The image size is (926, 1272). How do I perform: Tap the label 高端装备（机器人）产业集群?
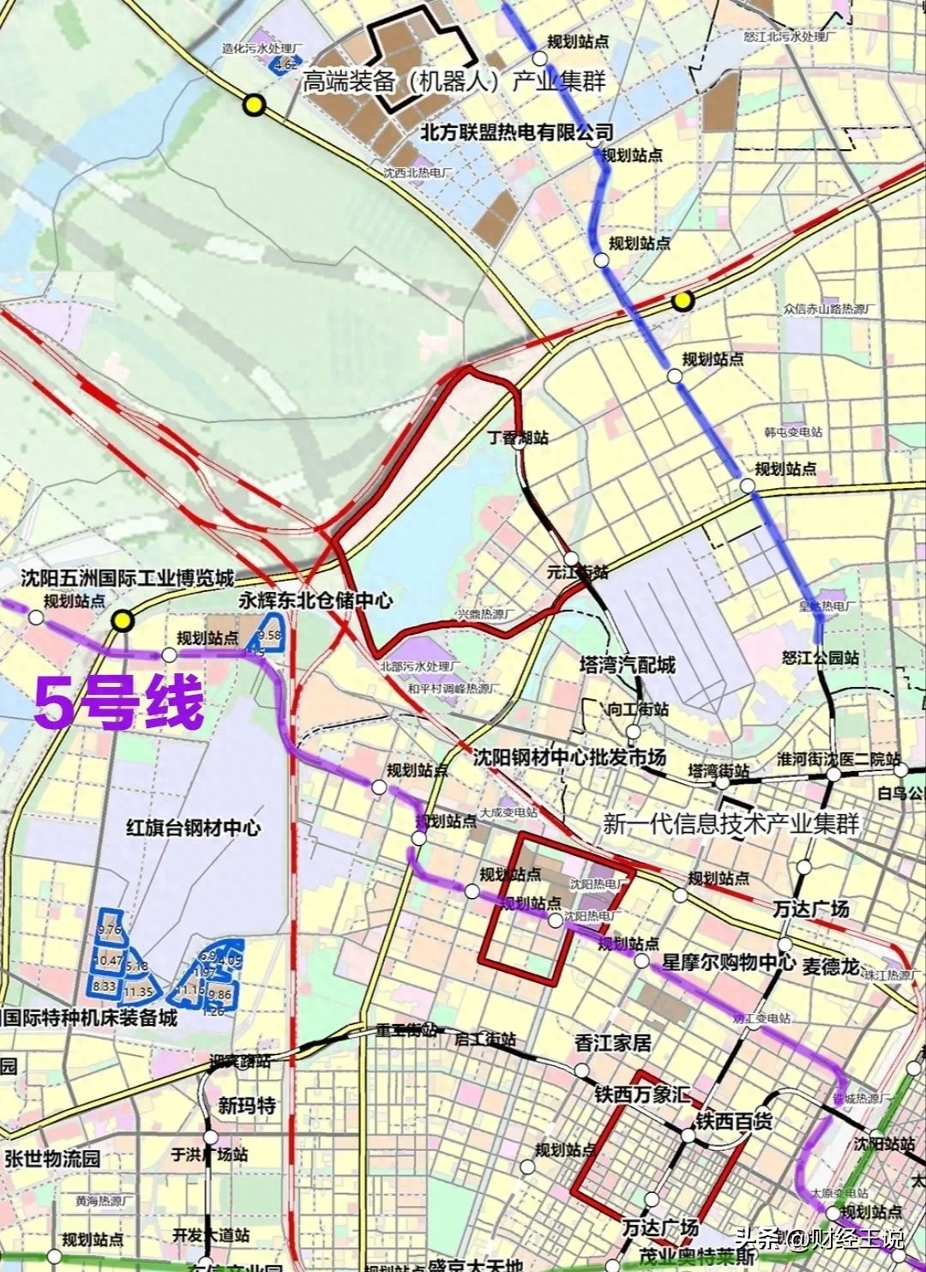[x=454, y=81]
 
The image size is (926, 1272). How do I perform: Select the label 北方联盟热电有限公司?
[x=517, y=132]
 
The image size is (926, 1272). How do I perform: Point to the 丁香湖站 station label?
[x=518, y=437]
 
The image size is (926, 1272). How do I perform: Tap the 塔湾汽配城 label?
[x=627, y=665]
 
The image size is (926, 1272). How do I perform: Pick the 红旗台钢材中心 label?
[x=193, y=828]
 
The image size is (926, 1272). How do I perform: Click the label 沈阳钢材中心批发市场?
[x=569, y=758]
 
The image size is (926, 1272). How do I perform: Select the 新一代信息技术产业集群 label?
[x=731, y=824]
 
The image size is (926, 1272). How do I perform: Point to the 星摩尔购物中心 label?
[x=727, y=962]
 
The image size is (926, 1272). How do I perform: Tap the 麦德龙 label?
[x=831, y=966]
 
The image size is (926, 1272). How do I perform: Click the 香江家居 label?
[x=612, y=1043]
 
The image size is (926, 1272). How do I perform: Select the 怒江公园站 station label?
[x=821, y=658]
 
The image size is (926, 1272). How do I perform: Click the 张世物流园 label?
[x=52, y=1158]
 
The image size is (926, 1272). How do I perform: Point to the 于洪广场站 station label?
[x=209, y=1154]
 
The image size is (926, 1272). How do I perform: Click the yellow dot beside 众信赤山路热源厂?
[x=682, y=301]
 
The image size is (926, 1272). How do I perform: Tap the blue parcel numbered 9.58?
[x=269, y=635]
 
